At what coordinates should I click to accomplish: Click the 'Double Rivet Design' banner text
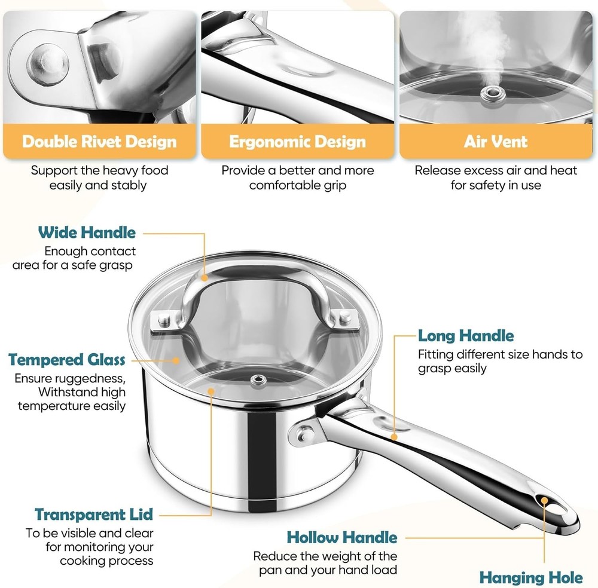99,142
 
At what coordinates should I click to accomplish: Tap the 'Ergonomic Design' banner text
297,142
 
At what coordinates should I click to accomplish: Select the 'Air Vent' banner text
496,142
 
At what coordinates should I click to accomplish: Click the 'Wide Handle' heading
87,232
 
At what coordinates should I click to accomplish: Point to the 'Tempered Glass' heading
67,360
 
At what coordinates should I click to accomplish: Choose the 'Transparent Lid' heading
94,514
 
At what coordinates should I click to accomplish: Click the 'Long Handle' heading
466,336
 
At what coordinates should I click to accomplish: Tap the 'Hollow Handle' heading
342,537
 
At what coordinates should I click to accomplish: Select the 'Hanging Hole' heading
531,577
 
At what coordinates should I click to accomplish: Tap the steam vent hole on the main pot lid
258,379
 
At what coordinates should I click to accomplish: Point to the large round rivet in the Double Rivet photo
48,63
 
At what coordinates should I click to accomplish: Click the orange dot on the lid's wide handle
205,278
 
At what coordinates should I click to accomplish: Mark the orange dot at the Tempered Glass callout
176,360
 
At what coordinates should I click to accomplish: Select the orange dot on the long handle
394,437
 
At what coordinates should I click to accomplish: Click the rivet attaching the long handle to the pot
305,434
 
